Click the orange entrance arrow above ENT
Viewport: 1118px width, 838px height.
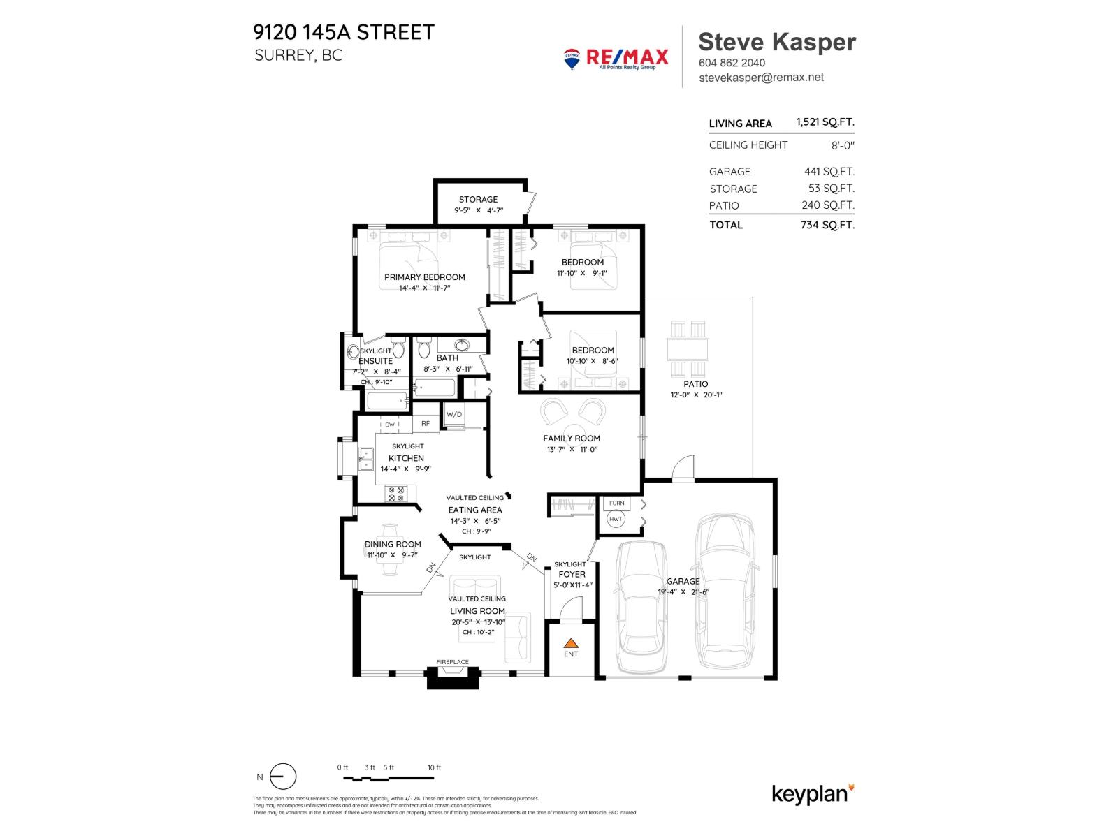[572, 642]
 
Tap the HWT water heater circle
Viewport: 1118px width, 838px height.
[616, 519]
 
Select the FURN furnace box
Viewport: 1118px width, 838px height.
[616, 503]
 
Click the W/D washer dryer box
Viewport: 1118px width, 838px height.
[454, 414]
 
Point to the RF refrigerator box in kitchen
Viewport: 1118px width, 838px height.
[425, 423]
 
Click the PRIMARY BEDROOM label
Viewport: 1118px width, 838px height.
[424, 277]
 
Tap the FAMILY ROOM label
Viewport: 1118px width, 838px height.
[572, 439]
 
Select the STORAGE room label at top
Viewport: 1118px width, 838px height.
[478, 200]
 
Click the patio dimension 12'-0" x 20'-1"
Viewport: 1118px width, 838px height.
[696, 395]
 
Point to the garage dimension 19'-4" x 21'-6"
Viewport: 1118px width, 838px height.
[683, 592]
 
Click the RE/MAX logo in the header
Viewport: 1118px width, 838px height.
[616, 58]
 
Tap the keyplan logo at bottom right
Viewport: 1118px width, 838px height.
[813, 794]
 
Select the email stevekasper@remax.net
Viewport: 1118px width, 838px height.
[761, 78]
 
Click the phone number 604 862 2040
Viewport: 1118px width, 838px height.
[732, 62]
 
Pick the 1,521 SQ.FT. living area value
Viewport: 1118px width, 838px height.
[825, 122]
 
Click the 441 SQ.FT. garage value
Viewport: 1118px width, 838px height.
[829, 171]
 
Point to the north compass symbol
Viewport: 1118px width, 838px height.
[283, 777]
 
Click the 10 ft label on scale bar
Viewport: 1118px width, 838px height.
[434, 767]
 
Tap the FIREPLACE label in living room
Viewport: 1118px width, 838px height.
[453, 662]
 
